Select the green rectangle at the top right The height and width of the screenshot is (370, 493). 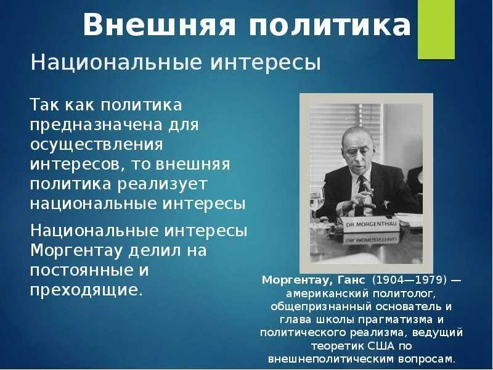[x=436, y=30]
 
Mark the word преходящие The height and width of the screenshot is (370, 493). [x=86, y=290]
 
